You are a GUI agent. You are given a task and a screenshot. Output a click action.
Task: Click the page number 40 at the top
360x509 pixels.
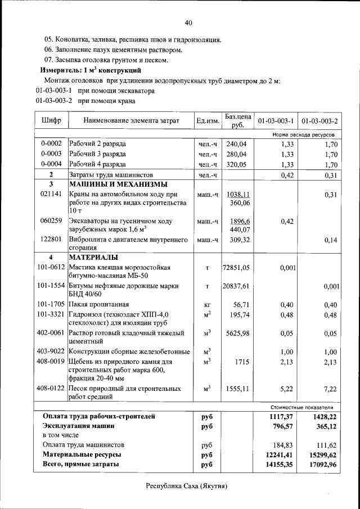point(188,22)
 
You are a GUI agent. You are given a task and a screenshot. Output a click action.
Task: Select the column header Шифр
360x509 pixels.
point(51,121)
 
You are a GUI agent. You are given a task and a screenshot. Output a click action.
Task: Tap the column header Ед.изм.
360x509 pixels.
point(207,121)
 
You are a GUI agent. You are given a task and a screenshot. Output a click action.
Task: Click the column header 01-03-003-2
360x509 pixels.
point(319,121)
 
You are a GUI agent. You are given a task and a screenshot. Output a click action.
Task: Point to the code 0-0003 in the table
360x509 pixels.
point(51,154)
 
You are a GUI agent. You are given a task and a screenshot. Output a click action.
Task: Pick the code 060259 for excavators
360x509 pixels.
point(51,222)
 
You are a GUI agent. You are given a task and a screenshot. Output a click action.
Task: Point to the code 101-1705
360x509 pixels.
point(51,305)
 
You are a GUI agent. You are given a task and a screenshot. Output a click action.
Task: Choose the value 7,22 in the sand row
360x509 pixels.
point(328,389)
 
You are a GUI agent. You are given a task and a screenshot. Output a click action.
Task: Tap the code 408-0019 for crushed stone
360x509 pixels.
point(51,362)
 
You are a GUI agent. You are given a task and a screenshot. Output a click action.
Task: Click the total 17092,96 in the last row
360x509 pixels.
point(318,465)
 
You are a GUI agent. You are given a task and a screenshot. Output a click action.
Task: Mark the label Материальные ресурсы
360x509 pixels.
point(82,454)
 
